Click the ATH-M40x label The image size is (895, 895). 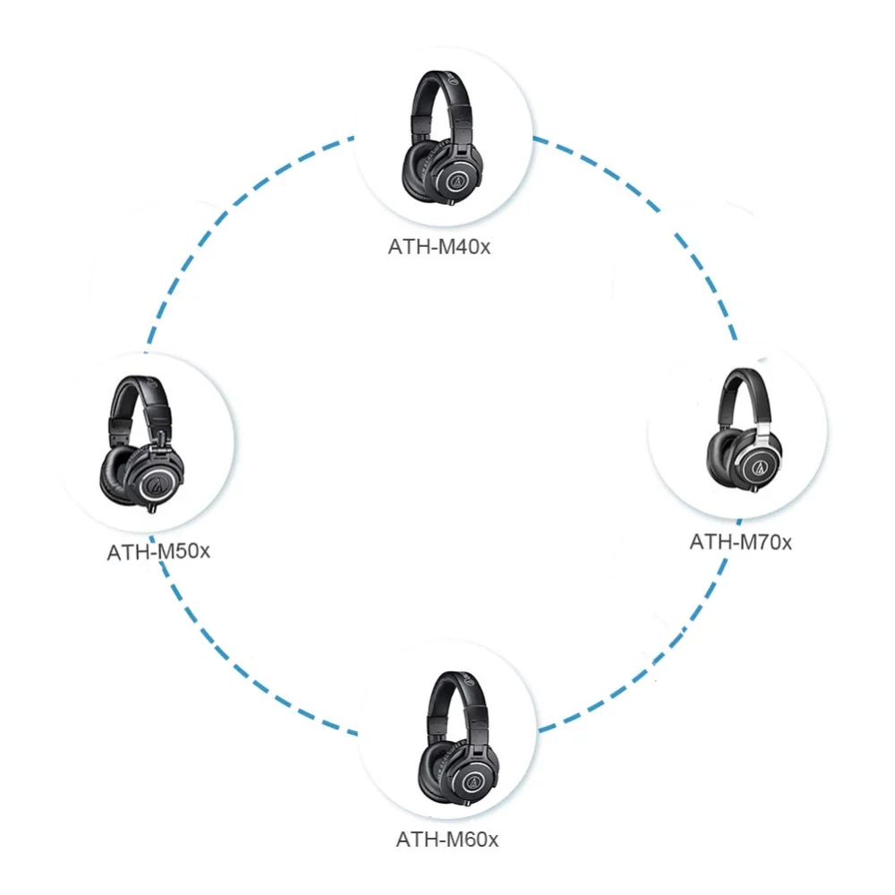[439, 247]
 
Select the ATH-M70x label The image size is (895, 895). [740, 541]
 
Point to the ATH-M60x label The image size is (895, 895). [447, 840]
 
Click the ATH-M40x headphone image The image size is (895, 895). [442, 143]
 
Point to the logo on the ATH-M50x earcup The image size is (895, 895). [157, 484]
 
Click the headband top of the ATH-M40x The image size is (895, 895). [439, 79]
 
